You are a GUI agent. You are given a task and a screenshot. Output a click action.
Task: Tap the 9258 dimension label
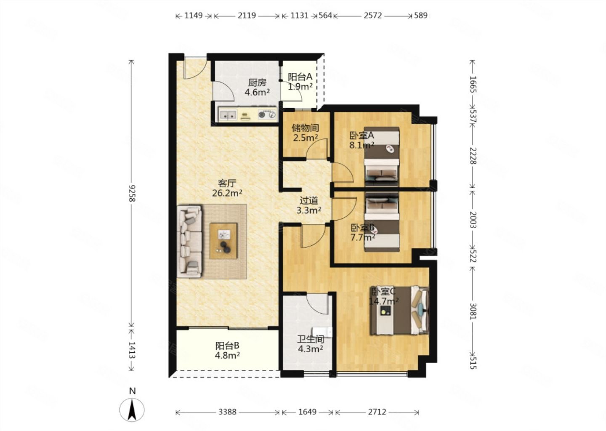[x=132, y=193]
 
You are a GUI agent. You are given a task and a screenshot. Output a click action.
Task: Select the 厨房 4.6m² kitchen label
[x=257, y=88]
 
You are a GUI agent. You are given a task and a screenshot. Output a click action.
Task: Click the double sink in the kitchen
[x=228, y=114]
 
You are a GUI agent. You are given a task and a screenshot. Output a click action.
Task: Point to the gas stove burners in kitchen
[x=267, y=114]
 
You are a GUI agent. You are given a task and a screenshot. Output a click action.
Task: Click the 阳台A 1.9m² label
[x=300, y=81]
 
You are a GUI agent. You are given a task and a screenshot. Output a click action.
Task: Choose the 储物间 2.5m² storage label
[x=306, y=133]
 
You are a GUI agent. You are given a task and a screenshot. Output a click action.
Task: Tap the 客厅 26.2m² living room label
[x=227, y=188]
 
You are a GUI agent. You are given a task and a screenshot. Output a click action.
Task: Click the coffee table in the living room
[x=223, y=241]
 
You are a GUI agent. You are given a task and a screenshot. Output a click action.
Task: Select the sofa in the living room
[x=189, y=242]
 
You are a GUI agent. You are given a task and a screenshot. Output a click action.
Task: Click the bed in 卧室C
[x=400, y=310]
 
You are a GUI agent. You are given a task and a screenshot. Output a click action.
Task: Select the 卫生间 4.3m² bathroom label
[x=311, y=344]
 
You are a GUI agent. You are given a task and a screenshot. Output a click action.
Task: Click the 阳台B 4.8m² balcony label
[x=227, y=350]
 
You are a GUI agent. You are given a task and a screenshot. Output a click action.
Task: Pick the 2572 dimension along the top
[x=372, y=16]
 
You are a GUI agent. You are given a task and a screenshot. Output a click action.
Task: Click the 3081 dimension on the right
[x=473, y=311]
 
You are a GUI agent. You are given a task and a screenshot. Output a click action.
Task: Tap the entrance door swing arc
[x=199, y=73]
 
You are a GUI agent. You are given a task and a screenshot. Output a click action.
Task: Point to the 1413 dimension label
[x=132, y=350]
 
